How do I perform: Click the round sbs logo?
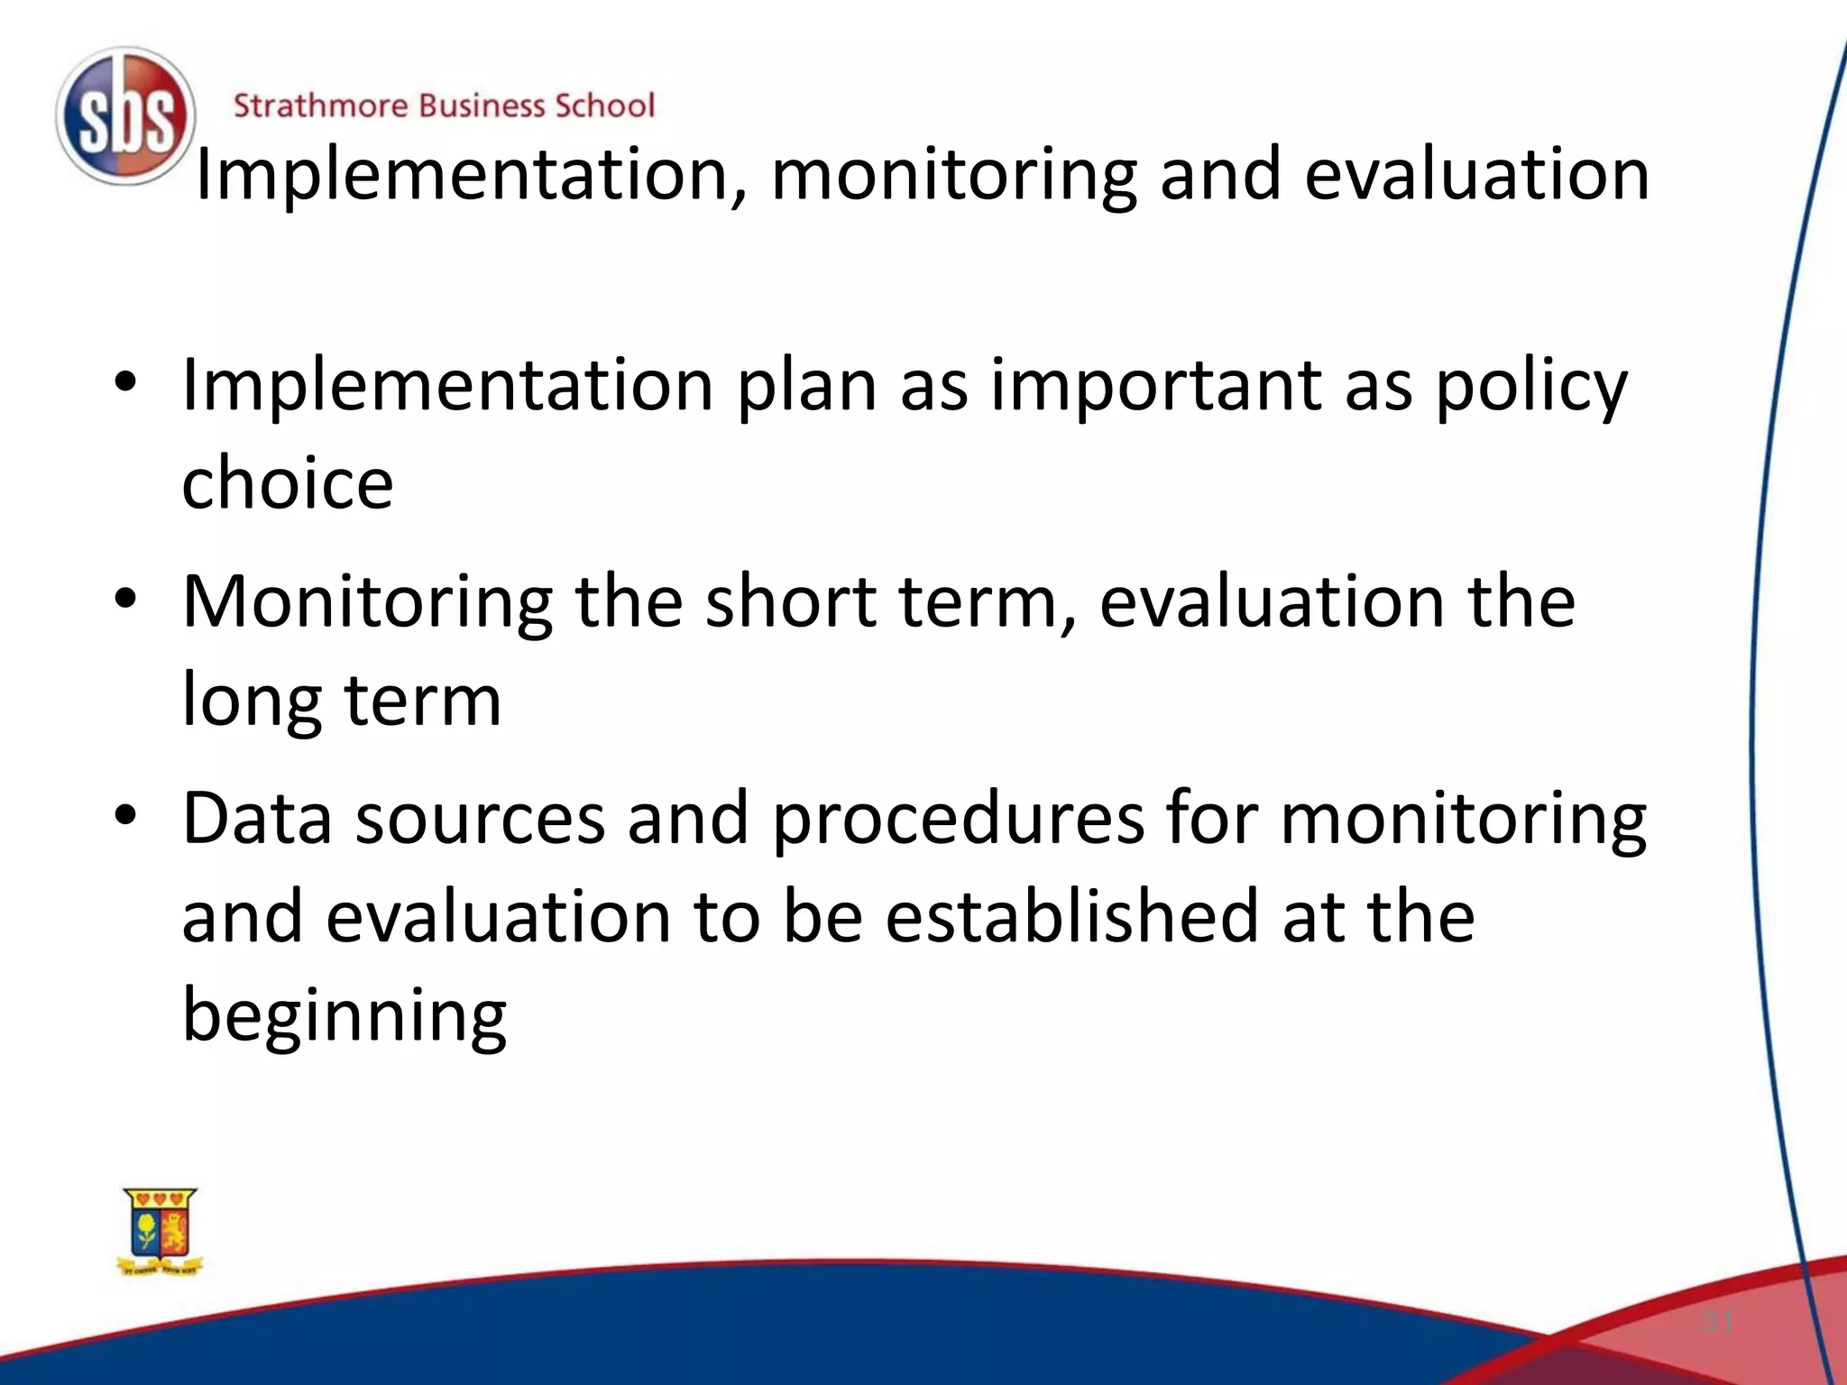click(125, 116)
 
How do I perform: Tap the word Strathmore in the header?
click(320, 106)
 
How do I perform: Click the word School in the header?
click(604, 106)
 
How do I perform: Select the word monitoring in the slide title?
click(954, 174)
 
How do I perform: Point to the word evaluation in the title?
click(1477, 174)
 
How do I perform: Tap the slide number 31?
click(1717, 1323)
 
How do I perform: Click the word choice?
click(288, 483)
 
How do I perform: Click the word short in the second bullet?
click(791, 602)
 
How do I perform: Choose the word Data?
click(257, 819)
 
